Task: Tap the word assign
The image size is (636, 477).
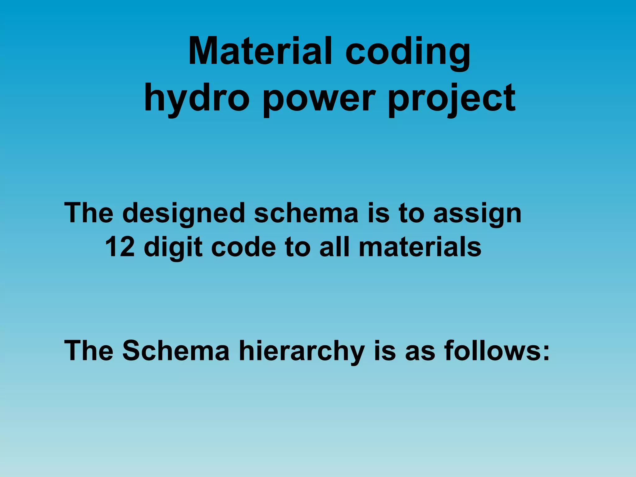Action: click(x=477, y=214)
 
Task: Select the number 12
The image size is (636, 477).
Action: click(x=120, y=247)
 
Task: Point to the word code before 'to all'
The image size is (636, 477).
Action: click(x=243, y=247)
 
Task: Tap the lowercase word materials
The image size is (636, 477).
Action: click(x=420, y=247)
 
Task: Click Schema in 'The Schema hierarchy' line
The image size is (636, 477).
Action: click(x=176, y=351)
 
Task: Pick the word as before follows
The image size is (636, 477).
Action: click(x=420, y=351)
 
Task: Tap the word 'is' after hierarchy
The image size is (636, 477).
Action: click(x=385, y=351)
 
